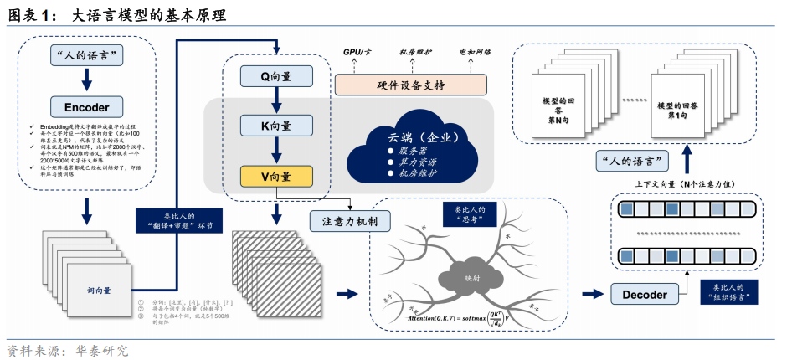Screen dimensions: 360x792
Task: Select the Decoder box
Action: point(645,295)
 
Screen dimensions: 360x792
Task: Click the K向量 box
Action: point(275,126)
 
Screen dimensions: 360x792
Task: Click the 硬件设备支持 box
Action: point(410,85)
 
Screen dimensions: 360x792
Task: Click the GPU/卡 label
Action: point(358,52)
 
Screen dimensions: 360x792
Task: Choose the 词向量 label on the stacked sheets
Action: point(98,291)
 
